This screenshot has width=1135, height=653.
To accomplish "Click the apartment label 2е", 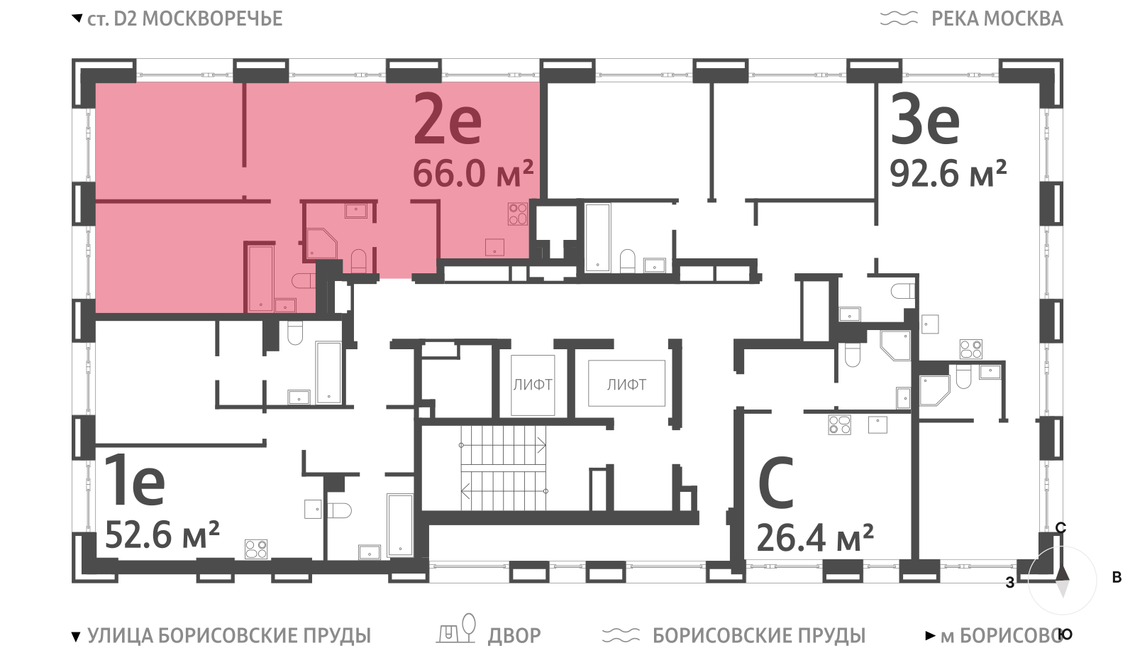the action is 448,120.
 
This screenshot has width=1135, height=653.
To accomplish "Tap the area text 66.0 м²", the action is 473,173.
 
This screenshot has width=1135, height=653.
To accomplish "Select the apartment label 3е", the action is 925,120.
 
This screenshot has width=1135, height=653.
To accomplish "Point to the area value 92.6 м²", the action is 948,173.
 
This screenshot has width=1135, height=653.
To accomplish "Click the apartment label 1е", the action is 135,480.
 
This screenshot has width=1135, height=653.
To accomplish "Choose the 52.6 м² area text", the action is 162,535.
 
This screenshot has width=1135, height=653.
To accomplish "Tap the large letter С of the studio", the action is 776,482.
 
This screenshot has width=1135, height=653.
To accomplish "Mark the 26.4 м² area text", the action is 815,538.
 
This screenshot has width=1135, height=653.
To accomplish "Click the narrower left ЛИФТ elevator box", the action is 533,385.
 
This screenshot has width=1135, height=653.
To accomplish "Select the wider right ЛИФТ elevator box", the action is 626,383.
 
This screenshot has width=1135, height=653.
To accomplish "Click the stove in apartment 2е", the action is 518,214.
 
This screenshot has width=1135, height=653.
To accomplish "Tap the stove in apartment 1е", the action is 256,549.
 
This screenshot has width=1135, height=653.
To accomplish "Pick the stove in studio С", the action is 839,425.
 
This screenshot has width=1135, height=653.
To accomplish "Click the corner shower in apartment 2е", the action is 322,243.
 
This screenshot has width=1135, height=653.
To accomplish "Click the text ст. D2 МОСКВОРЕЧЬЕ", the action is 185,18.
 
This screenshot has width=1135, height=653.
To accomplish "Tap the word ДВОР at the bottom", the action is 514,635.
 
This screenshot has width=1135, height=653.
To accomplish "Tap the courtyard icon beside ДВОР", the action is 456,629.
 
